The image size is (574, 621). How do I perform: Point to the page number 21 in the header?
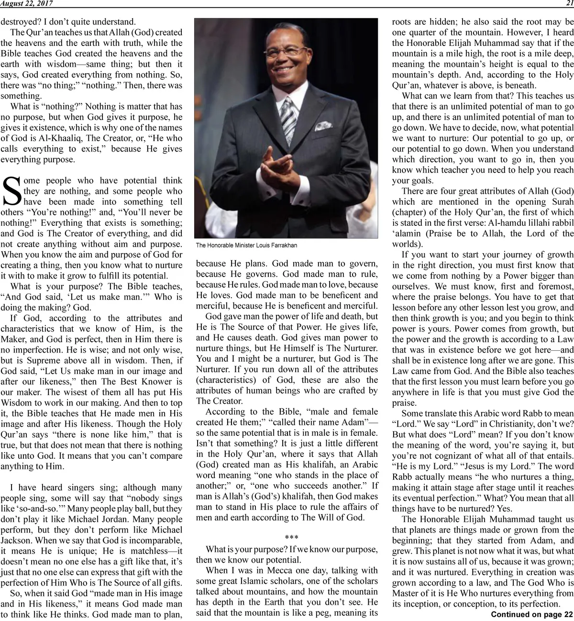coord(569,3)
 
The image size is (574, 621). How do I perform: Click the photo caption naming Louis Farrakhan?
coord(246,245)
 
